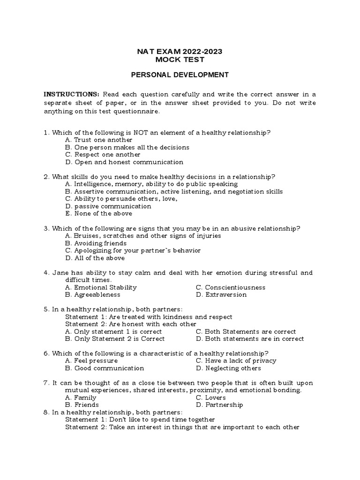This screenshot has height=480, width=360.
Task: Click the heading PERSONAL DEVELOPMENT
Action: tap(180, 75)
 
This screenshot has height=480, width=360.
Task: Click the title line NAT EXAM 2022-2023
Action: tap(180, 52)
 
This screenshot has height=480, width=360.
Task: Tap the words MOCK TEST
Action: tap(180, 60)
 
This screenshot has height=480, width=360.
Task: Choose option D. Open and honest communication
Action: tap(124, 162)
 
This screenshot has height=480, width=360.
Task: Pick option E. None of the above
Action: tap(99, 213)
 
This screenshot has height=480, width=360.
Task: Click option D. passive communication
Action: tap(108, 206)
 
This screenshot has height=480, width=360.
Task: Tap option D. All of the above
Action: tap(95, 258)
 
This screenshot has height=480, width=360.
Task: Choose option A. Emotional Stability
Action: tap(101, 287)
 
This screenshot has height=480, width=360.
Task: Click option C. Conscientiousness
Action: tap(230, 287)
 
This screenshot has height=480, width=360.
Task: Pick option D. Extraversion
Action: tap(221, 295)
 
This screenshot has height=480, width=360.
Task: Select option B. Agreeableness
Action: tap(93, 295)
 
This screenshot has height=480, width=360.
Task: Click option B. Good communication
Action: tap(105, 368)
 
